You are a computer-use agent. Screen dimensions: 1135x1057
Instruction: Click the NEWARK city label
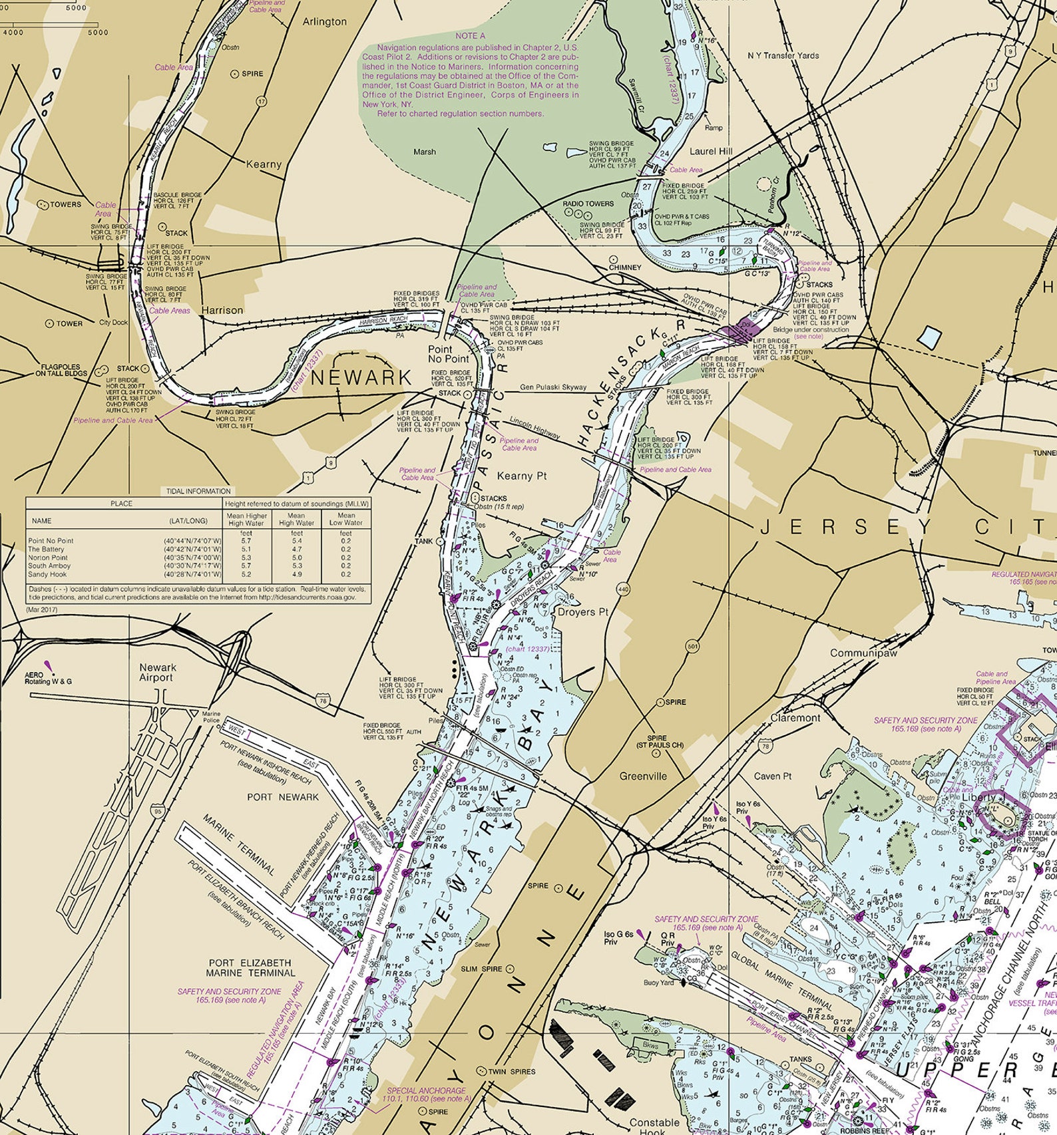pyautogui.click(x=361, y=378)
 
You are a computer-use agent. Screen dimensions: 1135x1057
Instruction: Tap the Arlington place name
pyautogui.click(x=324, y=21)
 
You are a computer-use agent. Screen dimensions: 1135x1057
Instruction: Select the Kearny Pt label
pyautogui.click(x=521, y=476)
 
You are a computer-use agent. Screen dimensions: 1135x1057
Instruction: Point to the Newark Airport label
pyautogui.click(x=158, y=673)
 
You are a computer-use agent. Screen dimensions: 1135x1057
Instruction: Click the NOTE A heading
pyautogui.click(x=470, y=35)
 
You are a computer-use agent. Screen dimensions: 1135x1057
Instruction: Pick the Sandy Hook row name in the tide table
pyautogui.click(x=47, y=574)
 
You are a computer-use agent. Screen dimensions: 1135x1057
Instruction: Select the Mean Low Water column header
pyautogui.click(x=345, y=520)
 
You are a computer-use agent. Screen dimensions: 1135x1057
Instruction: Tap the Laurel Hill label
pyautogui.click(x=710, y=151)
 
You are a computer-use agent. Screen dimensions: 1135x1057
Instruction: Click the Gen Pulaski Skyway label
pyautogui.click(x=553, y=387)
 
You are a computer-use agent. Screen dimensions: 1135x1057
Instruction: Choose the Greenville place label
pyautogui.click(x=642, y=776)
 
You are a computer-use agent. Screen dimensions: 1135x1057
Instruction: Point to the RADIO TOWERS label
pyautogui.click(x=588, y=204)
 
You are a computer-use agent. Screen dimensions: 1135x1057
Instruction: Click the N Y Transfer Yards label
pyautogui.click(x=783, y=55)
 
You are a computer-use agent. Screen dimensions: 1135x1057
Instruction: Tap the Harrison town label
pyautogui.click(x=222, y=310)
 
